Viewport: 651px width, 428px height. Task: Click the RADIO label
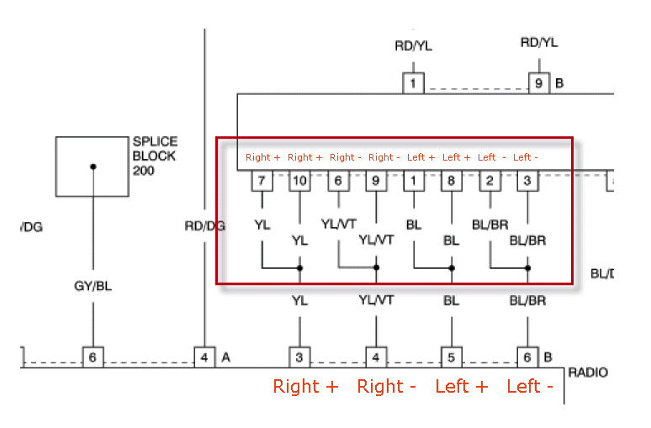pyautogui.click(x=588, y=372)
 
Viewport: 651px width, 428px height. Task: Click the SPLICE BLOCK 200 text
pyautogui.click(x=155, y=156)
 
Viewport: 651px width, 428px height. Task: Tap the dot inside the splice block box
pyautogui.click(x=93, y=166)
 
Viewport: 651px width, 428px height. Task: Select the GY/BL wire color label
pyautogui.click(x=93, y=286)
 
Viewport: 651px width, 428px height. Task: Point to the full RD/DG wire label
pyautogui.click(x=204, y=225)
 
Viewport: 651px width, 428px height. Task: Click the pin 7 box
pyautogui.click(x=262, y=180)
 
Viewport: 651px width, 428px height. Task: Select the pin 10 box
pyautogui.click(x=299, y=180)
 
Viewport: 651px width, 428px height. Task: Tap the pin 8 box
pyautogui.click(x=452, y=180)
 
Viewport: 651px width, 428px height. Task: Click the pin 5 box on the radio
pyautogui.click(x=452, y=357)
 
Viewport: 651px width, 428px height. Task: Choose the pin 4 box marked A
pyautogui.click(x=204, y=357)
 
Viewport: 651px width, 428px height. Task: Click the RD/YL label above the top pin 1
pyautogui.click(x=413, y=46)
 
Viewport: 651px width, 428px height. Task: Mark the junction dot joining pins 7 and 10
pyautogui.click(x=299, y=268)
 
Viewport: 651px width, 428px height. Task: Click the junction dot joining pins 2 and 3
pyautogui.click(x=527, y=268)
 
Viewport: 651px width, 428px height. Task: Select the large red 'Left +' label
pyautogui.click(x=461, y=387)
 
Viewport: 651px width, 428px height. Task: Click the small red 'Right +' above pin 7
pyautogui.click(x=262, y=157)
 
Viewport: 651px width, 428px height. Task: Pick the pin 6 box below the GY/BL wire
pyautogui.click(x=93, y=357)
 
